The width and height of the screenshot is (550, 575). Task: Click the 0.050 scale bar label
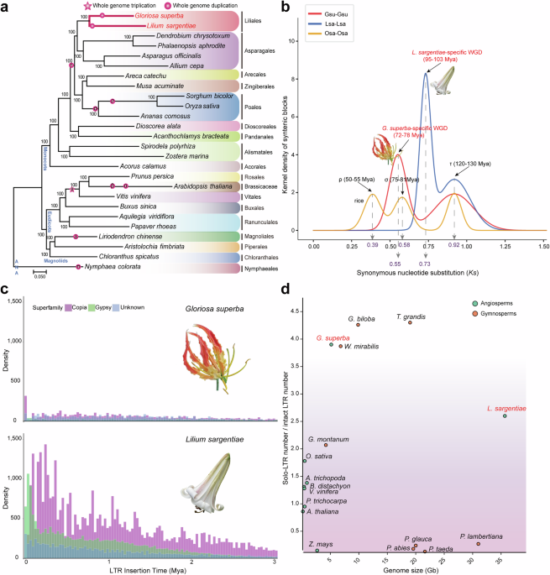39,274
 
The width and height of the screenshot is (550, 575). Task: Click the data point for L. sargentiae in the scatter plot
504,416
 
